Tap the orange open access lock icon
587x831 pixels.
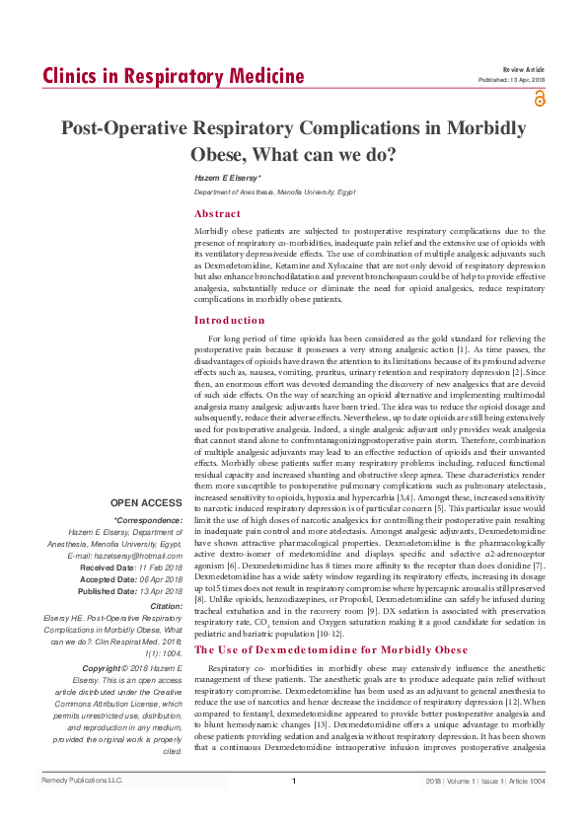point(539,98)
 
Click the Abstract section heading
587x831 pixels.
point(217,213)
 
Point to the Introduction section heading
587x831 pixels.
point(230,320)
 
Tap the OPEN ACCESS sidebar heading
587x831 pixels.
point(146,503)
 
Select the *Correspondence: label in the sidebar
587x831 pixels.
point(148,520)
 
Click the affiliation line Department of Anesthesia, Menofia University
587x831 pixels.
point(274,191)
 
